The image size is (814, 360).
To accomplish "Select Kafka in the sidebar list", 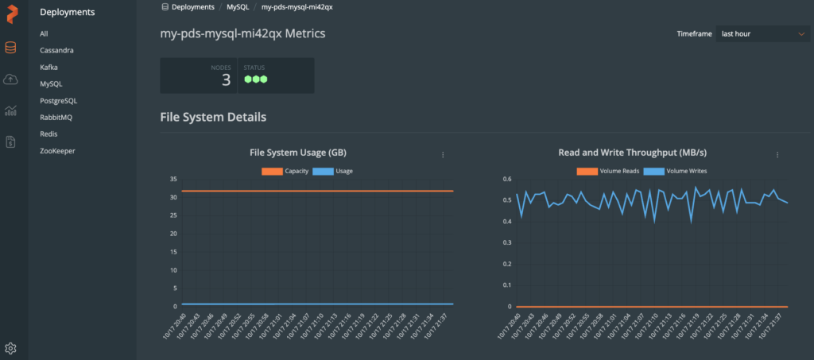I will [x=48, y=67].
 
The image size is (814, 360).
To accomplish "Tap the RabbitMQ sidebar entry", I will [x=56, y=117].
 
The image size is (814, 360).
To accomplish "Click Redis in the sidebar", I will [x=48, y=134].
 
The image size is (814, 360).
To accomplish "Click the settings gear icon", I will [x=10, y=348].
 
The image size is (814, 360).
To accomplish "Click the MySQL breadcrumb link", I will [x=238, y=6].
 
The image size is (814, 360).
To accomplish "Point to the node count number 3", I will [x=226, y=79].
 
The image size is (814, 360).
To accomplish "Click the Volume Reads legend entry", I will [x=607, y=171].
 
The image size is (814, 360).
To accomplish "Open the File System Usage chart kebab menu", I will [x=443, y=155].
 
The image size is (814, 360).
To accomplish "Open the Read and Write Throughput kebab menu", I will [x=777, y=155].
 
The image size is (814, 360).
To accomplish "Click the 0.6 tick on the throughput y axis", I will [x=506, y=179].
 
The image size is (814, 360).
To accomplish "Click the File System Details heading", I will [x=213, y=117].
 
